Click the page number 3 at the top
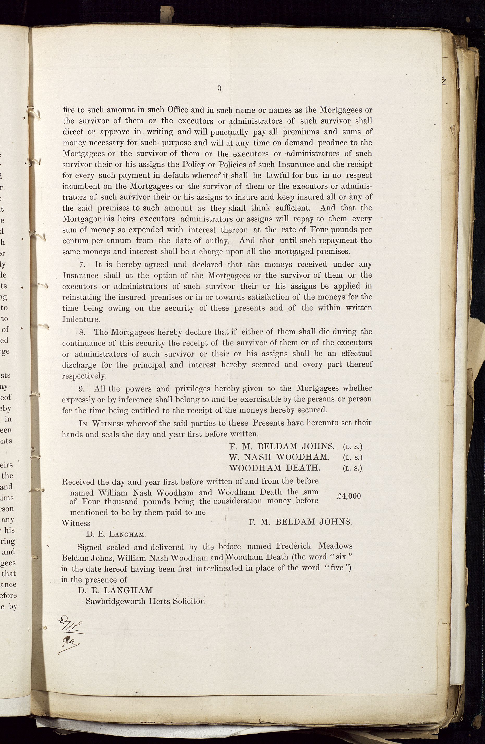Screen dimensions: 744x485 pyautogui.click(x=219, y=88)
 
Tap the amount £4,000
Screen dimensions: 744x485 pyautogui.click(x=349, y=496)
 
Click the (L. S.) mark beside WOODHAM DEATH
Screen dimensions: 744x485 pyautogui.click(x=353, y=468)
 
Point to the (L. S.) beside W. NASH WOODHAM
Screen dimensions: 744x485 pyautogui.click(x=353, y=457)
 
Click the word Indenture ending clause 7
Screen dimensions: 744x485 pyautogui.click(x=81, y=319)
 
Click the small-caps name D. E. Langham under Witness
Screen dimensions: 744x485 pyautogui.click(x=116, y=534)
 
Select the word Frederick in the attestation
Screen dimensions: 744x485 pyautogui.click(x=294, y=546)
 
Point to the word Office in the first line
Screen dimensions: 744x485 pyautogui.click(x=177, y=110)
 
